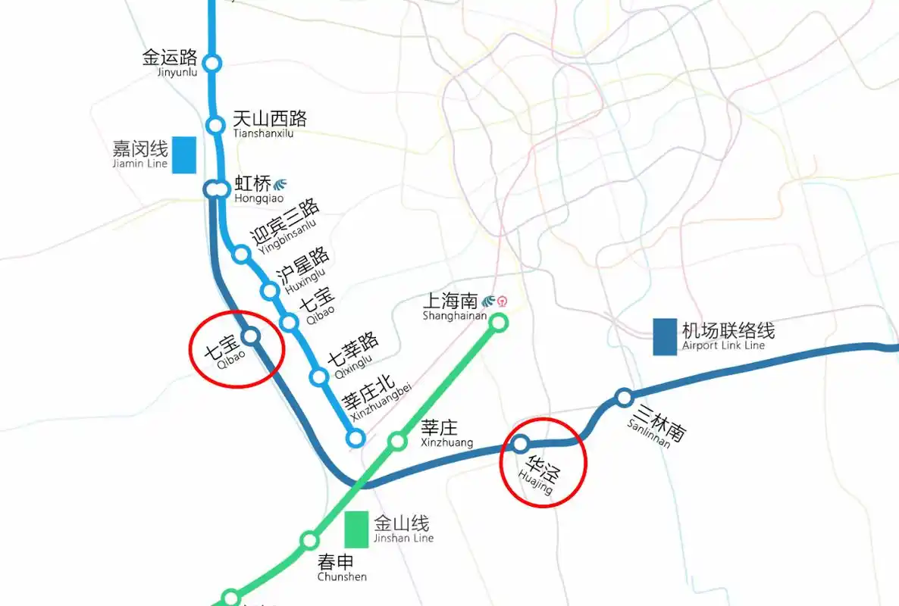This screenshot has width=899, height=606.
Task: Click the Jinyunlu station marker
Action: pos(213,63)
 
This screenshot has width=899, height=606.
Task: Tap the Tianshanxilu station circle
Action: pos(216,125)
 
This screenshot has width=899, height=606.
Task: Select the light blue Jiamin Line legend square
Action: pos(184,155)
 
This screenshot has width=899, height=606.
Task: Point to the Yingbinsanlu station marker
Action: pos(242,254)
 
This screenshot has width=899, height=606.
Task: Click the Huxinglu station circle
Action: pos(270,291)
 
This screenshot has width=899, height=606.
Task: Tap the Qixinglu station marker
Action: pos(320,376)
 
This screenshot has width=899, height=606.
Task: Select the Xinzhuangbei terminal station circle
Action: pos(355,438)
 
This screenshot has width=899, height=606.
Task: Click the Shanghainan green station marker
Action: pos(498,323)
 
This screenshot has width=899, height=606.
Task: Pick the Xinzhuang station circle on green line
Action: pos(397,441)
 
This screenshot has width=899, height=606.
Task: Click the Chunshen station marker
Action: pos(309,540)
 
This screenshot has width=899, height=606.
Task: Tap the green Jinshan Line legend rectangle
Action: pos(356,529)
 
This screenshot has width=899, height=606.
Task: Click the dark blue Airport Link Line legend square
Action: pos(665,337)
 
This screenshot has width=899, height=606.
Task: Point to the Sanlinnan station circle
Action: pos(624,397)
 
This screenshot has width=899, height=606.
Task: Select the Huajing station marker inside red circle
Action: pos(521,444)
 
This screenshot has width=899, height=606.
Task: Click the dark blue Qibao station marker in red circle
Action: pos(251,336)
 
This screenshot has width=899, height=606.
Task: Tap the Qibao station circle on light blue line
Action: pos(290,323)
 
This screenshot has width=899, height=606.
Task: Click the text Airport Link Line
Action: pos(723,346)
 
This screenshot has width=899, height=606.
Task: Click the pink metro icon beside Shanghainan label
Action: pos(502,301)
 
